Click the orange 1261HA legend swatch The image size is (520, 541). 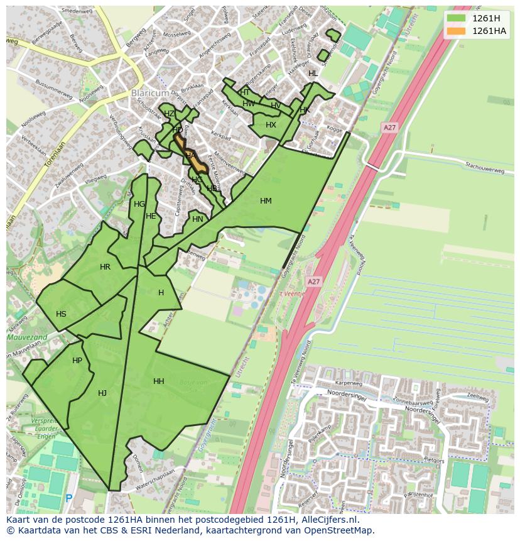(x=457, y=31)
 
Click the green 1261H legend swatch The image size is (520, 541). (x=457, y=18)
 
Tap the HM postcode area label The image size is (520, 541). (x=266, y=201)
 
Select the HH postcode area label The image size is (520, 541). (x=159, y=381)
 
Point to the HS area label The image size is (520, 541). (x=61, y=314)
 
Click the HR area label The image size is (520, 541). (x=105, y=267)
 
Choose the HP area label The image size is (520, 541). (x=77, y=361)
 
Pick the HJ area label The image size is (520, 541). (x=102, y=393)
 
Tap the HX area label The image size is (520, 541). (x=271, y=125)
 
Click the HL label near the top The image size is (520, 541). (x=313, y=74)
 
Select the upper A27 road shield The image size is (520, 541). (x=389, y=128)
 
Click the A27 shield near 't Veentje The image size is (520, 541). (x=313, y=282)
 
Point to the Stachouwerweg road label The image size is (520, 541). (x=485, y=168)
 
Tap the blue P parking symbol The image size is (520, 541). (x=69, y=498)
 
